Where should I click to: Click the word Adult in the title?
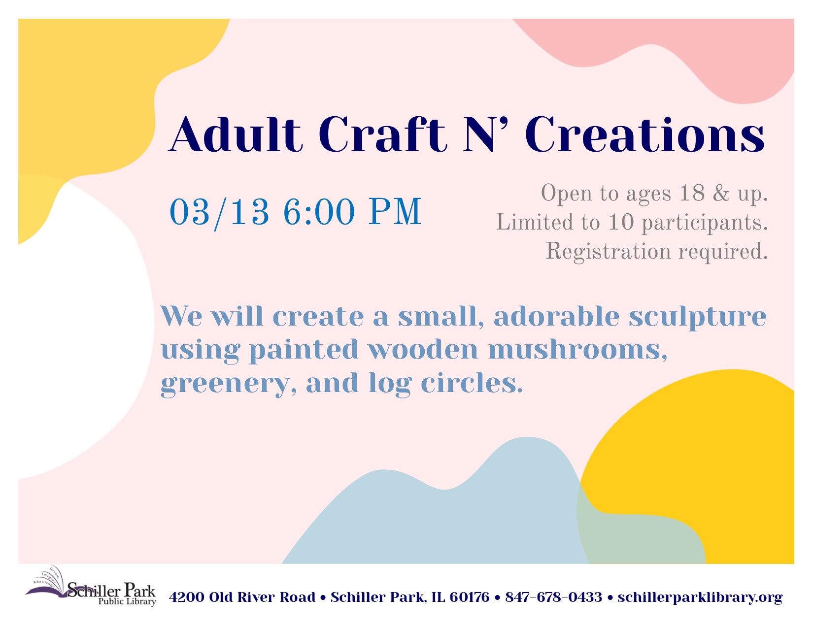coord(236,134)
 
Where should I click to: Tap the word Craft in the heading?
coord(382,134)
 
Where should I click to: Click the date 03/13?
coord(219,212)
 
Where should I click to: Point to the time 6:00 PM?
coord(353,212)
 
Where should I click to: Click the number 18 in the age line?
coord(692,193)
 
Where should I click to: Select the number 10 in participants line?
coord(621,222)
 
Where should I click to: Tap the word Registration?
coord(609,252)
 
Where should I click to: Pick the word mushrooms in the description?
coord(577,349)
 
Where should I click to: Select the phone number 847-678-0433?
coord(554,597)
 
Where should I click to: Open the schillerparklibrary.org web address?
coord(700,597)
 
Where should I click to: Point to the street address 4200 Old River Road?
coord(242,597)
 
